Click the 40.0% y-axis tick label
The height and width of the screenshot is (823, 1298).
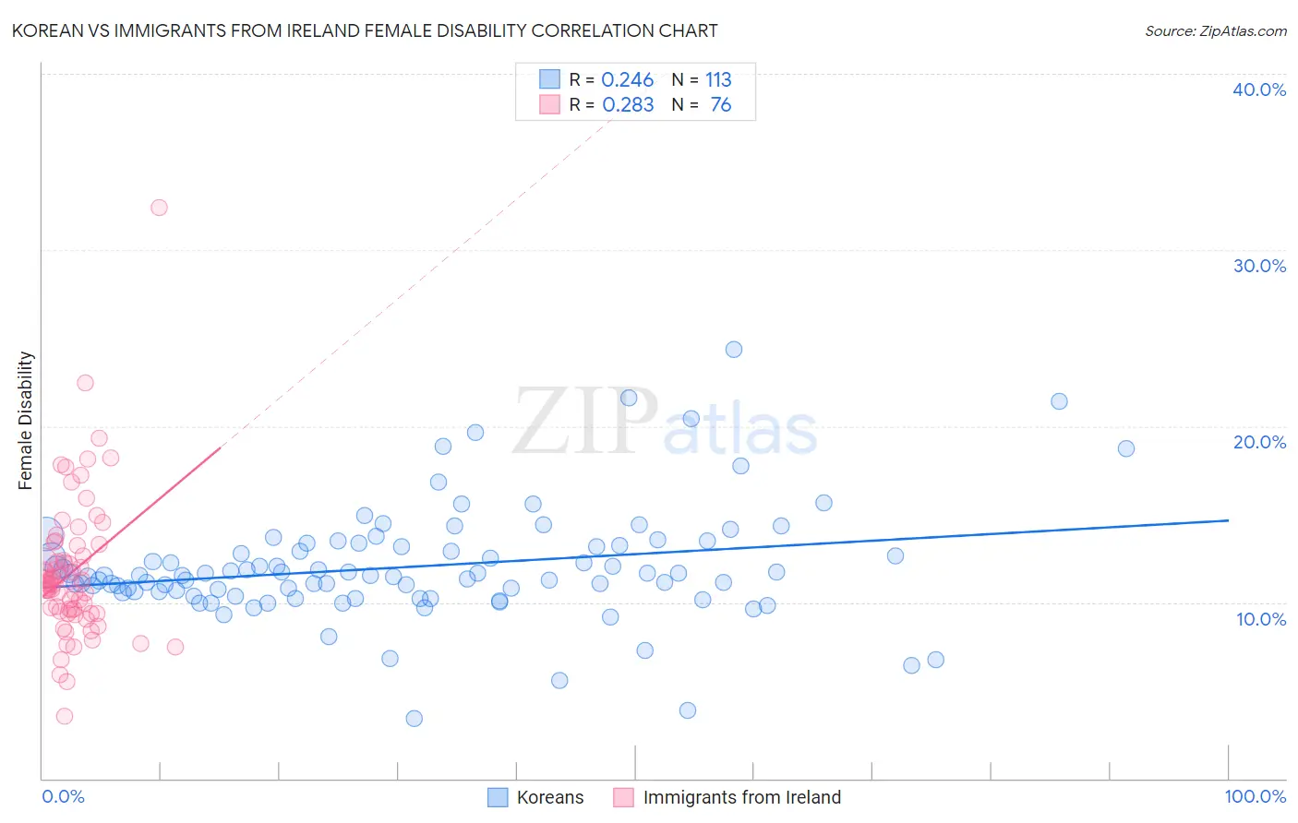click(x=1259, y=89)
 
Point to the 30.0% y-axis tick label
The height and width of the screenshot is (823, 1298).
click(x=1259, y=266)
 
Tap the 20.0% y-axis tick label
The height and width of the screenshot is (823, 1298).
click(x=1259, y=442)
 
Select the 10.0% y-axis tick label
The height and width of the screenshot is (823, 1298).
click(x=1261, y=619)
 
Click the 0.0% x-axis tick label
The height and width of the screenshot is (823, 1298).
click(x=63, y=796)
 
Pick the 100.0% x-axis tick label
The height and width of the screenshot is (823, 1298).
click(x=1255, y=796)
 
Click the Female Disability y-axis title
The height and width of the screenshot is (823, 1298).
click(x=26, y=420)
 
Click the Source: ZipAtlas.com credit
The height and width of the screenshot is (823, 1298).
click(x=1215, y=31)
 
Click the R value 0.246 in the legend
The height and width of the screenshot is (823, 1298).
click(x=628, y=80)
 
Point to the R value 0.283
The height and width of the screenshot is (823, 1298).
click(x=628, y=105)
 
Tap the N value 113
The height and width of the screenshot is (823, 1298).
click(x=718, y=80)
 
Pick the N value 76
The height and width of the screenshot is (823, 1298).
click(x=720, y=105)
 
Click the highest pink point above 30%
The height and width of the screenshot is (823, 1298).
click(x=159, y=208)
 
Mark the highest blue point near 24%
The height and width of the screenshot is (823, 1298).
click(x=734, y=349)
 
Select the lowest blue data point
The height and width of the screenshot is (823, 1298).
click(x=415, y=719)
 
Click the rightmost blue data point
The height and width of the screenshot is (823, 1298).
click(x=1126, y=448)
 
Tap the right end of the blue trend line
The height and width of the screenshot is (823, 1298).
click(x=1228, y=520)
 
